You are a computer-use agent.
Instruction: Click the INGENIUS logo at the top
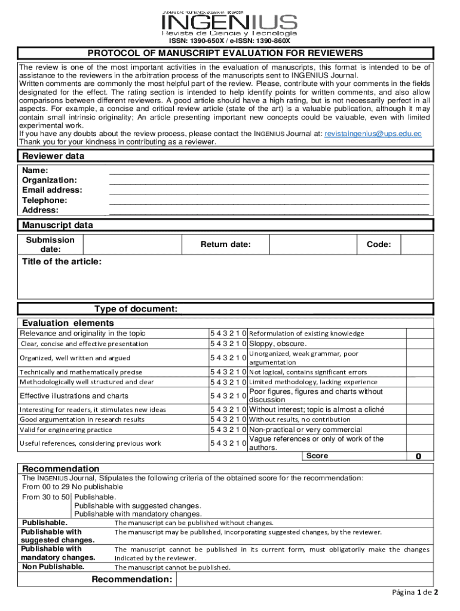click(229, 23)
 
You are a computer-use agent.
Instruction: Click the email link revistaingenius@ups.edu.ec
click(373, 134)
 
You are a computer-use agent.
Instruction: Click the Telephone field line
click(269, 201)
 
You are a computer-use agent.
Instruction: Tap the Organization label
click(50, 180)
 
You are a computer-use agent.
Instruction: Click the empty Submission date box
click(132, 245)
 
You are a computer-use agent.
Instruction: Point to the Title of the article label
click(62, 262)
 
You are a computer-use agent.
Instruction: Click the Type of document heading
click(136, 308)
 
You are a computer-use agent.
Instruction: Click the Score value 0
click(418, 456)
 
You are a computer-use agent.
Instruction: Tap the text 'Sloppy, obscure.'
click(277, 344)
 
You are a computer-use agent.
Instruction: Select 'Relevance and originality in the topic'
click(82, 334)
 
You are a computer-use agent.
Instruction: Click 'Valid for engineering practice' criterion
click(66, 430)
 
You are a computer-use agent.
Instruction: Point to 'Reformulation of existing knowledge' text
click(306, 334)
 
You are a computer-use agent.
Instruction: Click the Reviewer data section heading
click(53, 156)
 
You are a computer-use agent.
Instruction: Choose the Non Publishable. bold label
click(53, 566)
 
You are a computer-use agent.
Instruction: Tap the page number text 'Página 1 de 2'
click(415, 593)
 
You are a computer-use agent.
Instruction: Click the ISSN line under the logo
click(229, 41)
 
